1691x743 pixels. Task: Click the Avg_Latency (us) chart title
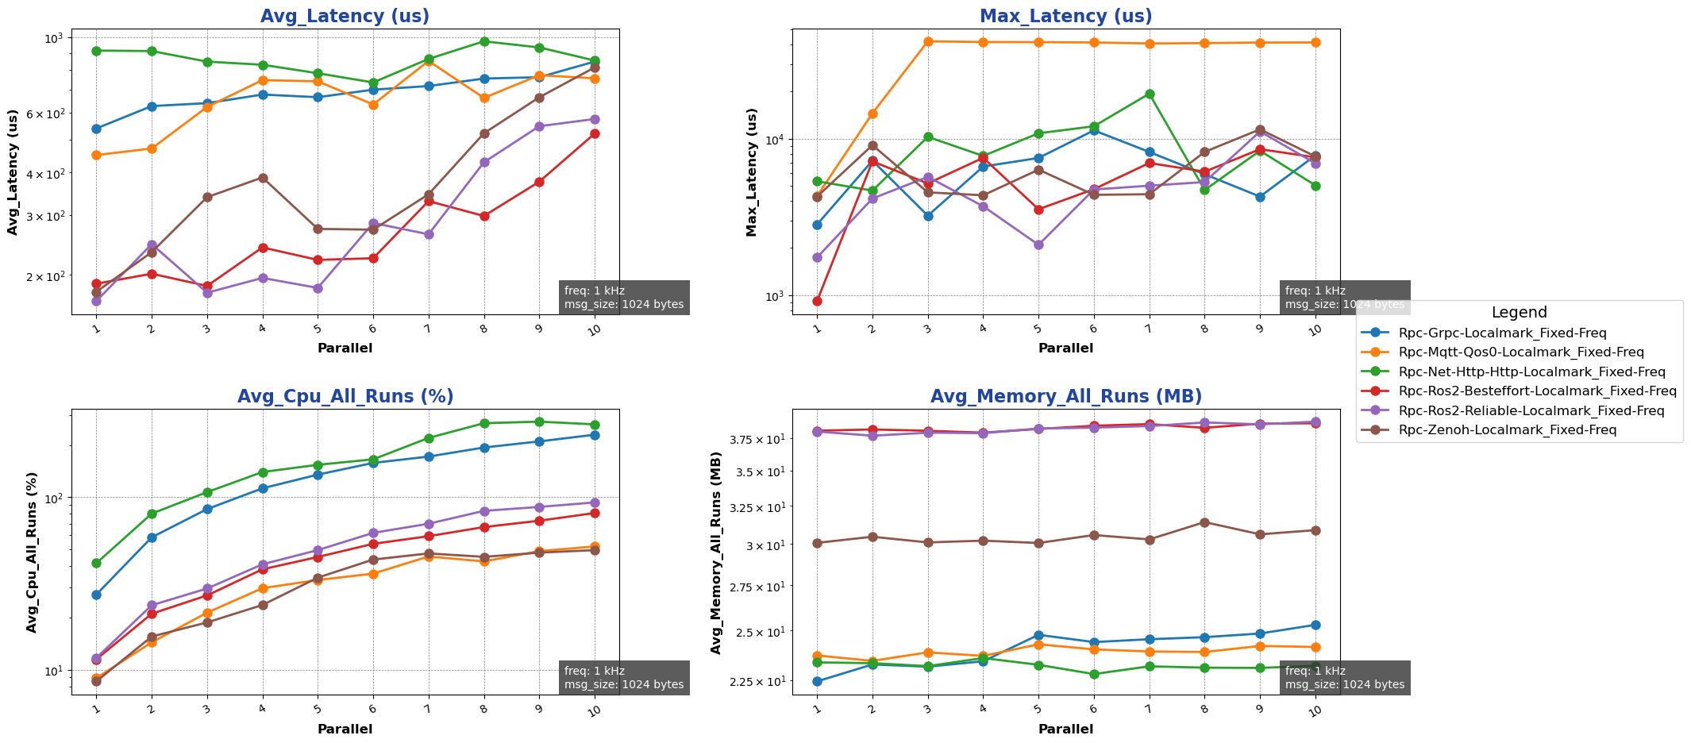345,16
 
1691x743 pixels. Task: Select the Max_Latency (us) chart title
1065,16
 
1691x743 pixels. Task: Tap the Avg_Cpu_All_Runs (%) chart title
345,396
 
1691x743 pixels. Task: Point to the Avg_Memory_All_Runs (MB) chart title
1065,396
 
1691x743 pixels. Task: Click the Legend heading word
1519,313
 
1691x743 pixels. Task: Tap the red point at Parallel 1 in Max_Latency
817,301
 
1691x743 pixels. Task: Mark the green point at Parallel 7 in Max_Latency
1149,94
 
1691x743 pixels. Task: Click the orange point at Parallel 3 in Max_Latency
927,41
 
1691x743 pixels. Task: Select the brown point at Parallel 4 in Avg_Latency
263,178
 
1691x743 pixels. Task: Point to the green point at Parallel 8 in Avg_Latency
484,41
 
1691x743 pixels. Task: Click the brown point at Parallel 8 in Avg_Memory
1204,522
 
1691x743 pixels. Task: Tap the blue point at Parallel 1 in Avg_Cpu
96,595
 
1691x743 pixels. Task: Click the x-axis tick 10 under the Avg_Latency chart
594,329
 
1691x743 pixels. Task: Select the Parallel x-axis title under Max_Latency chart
1065,348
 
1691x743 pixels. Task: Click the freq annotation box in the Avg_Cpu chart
623,678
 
